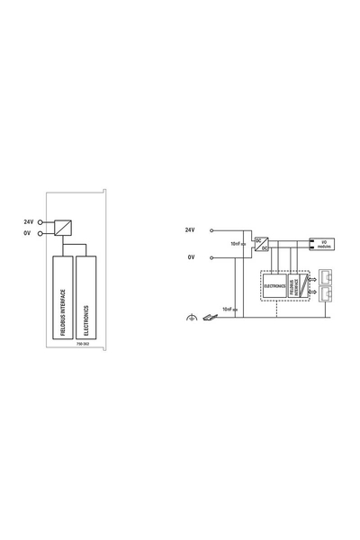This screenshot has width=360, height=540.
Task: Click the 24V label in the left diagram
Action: (x=28, y=220)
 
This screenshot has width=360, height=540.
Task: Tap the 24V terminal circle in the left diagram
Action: (x=41, y=221)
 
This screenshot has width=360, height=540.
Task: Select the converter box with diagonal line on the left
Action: (x=63, y=227)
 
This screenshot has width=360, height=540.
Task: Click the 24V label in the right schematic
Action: (x=190, y=229)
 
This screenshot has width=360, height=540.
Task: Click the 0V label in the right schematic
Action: (x=191, y=257)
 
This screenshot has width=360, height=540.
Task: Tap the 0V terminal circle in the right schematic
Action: (x=212, y=257)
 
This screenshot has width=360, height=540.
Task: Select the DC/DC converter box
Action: (x=261, y=243)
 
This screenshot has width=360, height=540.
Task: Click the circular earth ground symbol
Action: (x=191, y=317)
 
